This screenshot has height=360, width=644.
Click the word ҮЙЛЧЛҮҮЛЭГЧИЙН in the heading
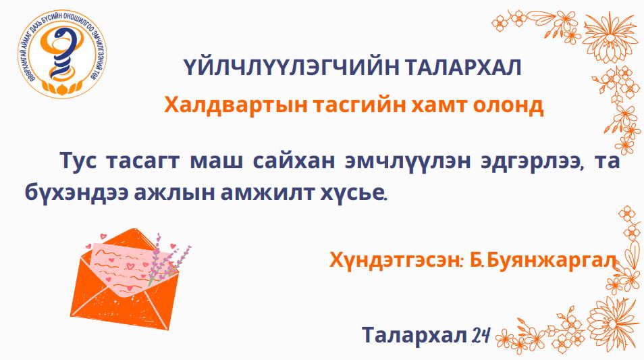click(x=291, y=68)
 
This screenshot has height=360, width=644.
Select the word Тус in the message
click(x=78, y=160)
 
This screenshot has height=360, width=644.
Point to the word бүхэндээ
click(x=76, y=193)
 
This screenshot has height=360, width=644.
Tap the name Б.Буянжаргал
click(x=543, y=260)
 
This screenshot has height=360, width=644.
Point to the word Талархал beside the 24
click(x=414, y=334)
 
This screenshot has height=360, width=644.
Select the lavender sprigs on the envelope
click(x=168, y=259)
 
